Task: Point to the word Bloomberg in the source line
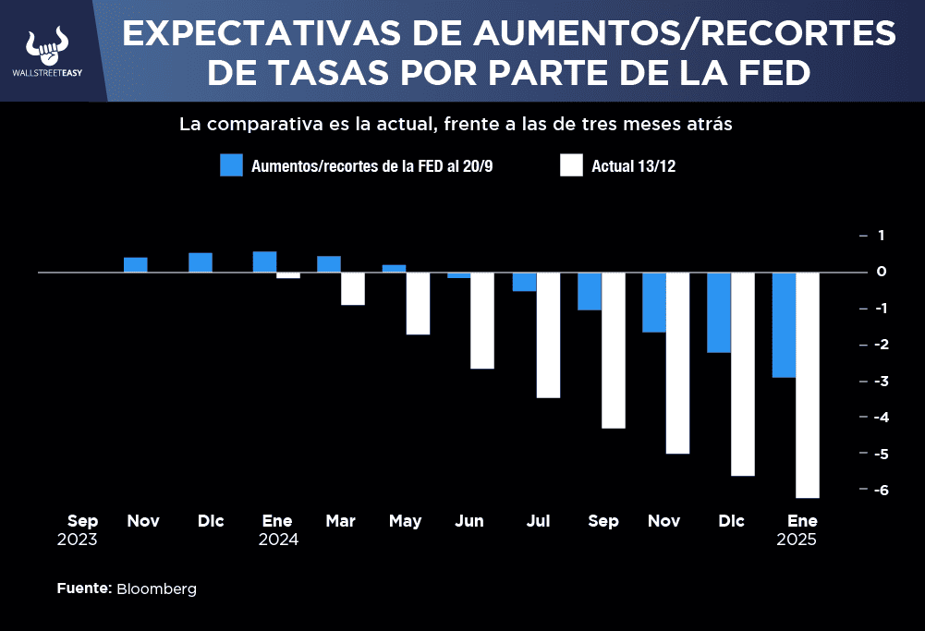156,589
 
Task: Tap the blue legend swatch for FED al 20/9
231,165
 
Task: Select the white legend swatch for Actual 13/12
571,165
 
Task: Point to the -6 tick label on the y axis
879,491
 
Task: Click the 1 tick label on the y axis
881,236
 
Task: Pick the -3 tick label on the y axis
879,382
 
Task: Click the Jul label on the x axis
538,522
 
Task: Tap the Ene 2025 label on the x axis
797,530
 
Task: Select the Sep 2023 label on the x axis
78,530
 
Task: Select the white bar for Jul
549,334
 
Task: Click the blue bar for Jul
525,282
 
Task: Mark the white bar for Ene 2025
808,384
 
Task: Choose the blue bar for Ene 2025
784,324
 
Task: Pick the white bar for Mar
353,288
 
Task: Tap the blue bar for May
394,269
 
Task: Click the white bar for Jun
482,320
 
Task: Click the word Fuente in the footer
84,589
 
